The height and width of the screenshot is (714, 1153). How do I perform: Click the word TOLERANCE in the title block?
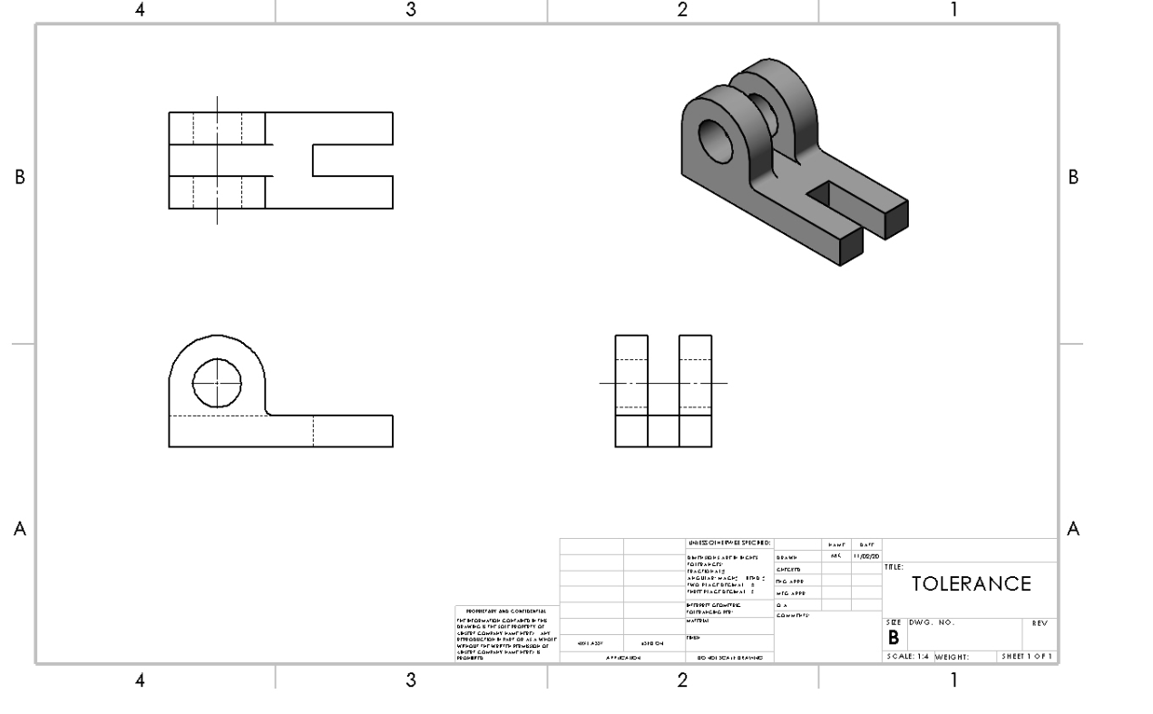971,583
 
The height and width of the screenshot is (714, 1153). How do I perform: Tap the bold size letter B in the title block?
892,640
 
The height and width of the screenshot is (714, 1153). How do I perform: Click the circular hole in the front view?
217,383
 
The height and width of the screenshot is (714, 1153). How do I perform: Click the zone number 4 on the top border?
139,10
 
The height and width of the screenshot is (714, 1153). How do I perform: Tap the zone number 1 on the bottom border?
953,680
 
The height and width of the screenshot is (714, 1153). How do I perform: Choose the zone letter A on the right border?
1074,529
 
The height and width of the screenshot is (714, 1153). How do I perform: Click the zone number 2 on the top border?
682,10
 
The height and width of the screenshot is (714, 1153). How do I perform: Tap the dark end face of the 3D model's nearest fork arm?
851,246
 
